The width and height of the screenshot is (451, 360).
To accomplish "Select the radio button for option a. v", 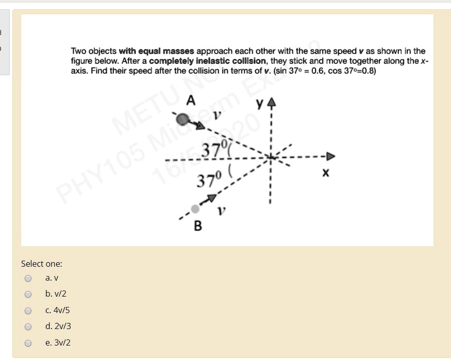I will [x=28, y=279].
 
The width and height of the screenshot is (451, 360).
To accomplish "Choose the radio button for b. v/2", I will [x=28, y=295].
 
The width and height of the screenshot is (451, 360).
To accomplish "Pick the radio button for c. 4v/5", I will [x=28, y=311].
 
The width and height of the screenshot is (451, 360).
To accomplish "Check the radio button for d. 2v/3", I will [x=28, y=327].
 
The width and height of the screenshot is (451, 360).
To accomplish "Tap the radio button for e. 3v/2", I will [x=28, y=343].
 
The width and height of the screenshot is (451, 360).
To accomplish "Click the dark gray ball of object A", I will [x=182, y=119].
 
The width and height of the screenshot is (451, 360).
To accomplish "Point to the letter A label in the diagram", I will [x=191, y=101].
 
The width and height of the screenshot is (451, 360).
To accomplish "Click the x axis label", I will [x=325, y=174].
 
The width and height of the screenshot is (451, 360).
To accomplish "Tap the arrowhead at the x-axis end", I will [x=330, y=156].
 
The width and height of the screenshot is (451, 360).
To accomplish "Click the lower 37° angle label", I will [x=209, y=181].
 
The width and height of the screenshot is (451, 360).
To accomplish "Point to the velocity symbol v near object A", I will [x=218, y=117].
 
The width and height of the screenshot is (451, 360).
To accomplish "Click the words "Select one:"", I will [x=41, y=264].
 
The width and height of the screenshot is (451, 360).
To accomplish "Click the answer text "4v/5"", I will [x=61, y=311].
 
